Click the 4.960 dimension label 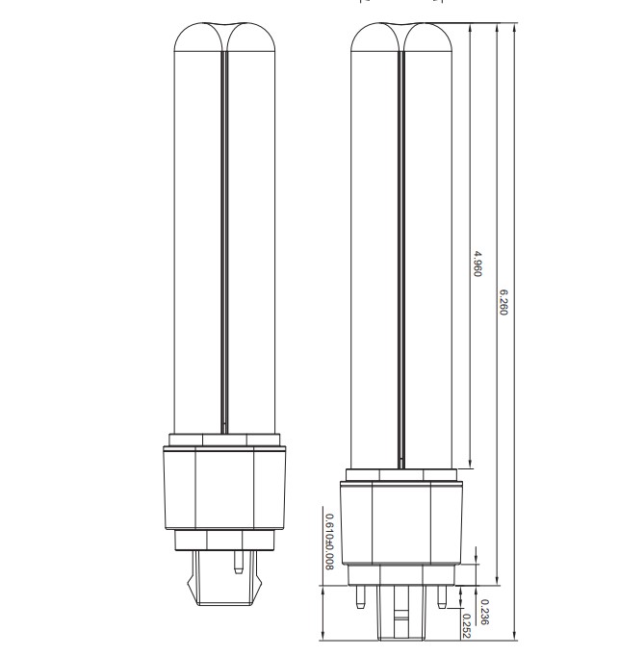[477, 264]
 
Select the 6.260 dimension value [503, 302]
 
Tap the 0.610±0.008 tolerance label [329, 542]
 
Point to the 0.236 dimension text [484, 612]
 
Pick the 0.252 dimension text [467, 626]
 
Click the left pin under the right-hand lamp [360, 596]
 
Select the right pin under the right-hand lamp [442, 596]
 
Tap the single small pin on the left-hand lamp [239, 562]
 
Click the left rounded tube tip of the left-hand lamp [199, 37]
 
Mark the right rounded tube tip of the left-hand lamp [251, 37]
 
